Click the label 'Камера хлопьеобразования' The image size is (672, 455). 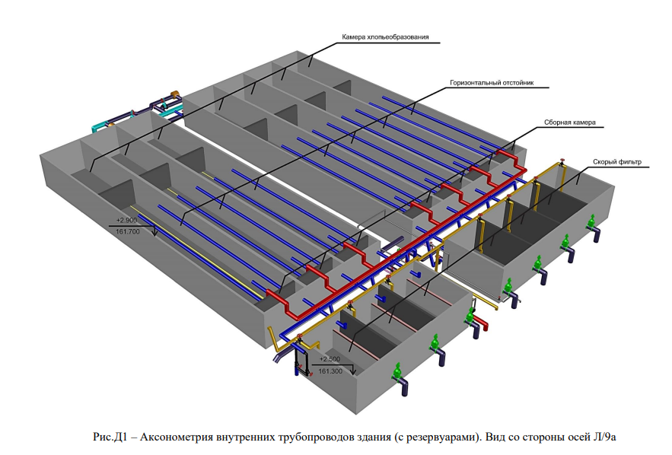(x=385, y=37)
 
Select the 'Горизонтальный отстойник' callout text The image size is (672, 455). (x=492, y=83)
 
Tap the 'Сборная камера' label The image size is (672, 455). (x=569, y=123)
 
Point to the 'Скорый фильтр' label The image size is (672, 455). (x=617, y=162)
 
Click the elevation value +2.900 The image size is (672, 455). (x=126, y=220)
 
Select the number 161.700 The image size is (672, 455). (x=128, y=232)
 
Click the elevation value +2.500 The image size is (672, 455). (x=330, y=359)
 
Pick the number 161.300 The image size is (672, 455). (x=330, y=371)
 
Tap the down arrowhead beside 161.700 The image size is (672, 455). (x=154, y=232)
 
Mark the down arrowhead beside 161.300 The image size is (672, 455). (x=353, y=371)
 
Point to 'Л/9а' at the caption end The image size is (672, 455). (x=605, y=437)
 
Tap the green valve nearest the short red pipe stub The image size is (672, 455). (x=470, y=317)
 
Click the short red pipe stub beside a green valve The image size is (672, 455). (x=484, y=325)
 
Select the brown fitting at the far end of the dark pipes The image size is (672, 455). (x=175, y=94)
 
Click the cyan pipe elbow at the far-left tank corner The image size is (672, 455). (x=97, y=127)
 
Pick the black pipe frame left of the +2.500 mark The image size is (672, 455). (x=303, y=362)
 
